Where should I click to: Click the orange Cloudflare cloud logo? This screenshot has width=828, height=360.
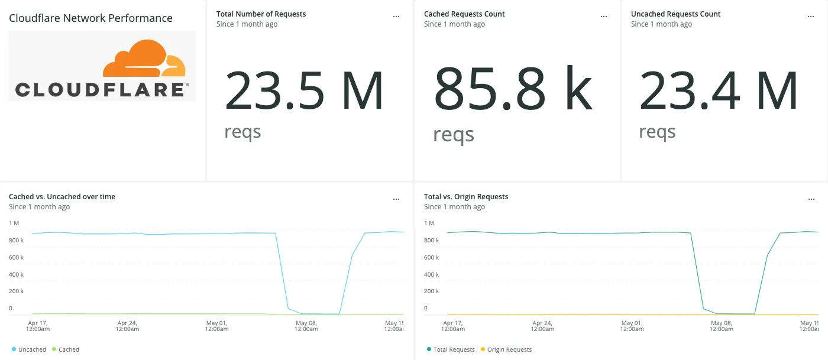coord(144,59)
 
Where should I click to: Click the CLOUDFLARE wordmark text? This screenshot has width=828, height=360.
coord(99,90)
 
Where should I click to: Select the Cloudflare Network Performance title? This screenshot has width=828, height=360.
coord(90,18)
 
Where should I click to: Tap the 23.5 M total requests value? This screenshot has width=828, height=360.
coord(304,91)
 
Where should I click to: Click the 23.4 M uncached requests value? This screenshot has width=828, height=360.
coord(719,91)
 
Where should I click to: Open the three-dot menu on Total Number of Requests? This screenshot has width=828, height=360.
coord(396,17)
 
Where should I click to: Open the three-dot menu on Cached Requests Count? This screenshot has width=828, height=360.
coord(604,17)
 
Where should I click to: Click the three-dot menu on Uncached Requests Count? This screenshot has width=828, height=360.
coord(811,17)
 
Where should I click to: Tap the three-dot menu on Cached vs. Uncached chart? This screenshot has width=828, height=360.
coord(396,199)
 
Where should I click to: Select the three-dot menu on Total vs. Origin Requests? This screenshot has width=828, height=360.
coord(811,199)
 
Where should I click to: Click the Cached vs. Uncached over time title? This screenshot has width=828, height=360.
coord(62,197)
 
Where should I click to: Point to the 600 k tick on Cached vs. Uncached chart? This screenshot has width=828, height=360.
coord(16,258)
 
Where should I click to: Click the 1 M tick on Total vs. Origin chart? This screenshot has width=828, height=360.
coord(429,223)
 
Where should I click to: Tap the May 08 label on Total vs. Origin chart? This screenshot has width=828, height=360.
coord(721,326)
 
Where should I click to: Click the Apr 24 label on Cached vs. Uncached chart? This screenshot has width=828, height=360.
coord(127,326)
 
